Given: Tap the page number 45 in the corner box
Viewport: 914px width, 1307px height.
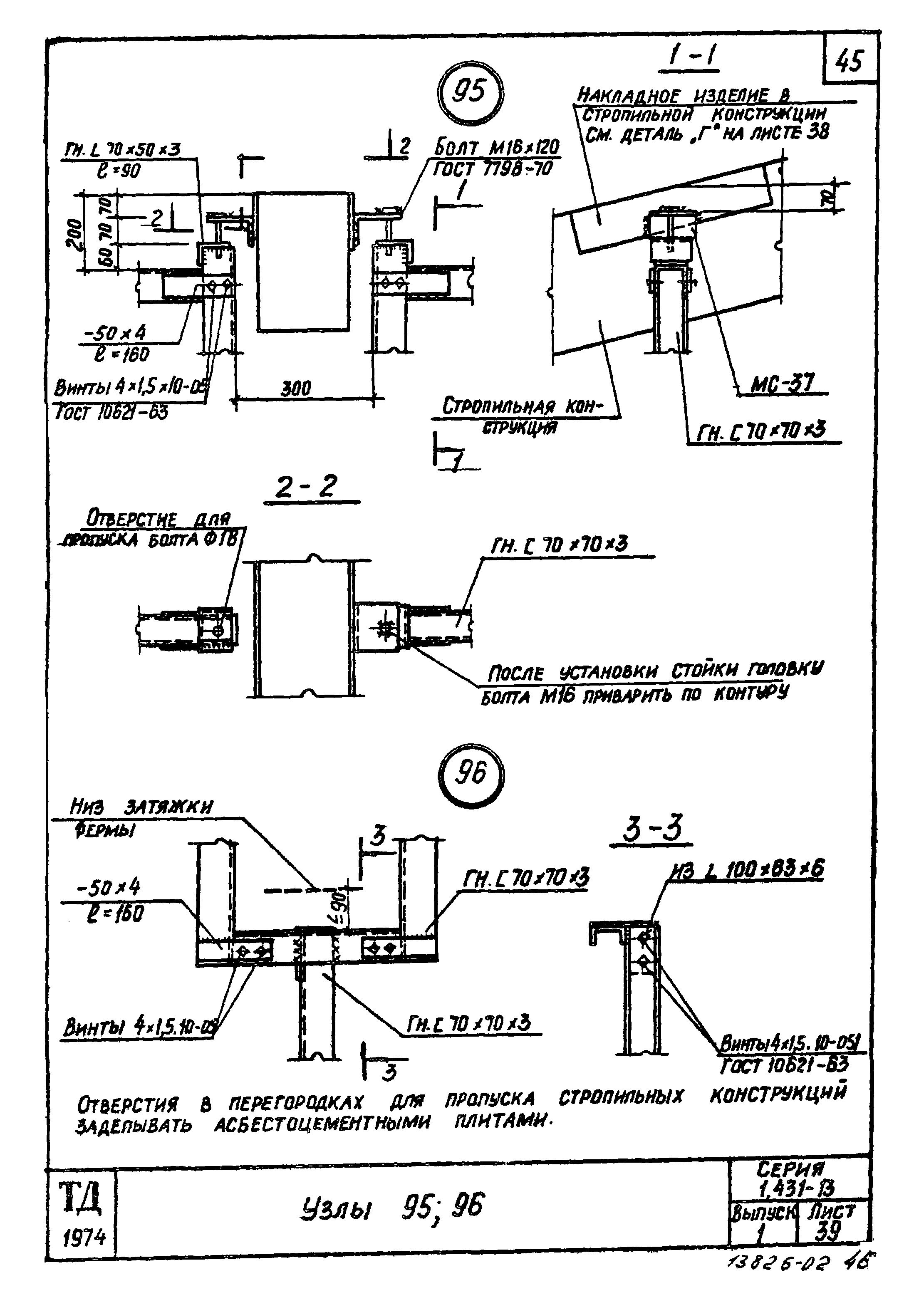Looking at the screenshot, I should [x=849, y=61].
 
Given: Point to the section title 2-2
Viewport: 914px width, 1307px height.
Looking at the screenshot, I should [x=306, y=487].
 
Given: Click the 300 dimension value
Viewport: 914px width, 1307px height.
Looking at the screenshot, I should [x=297, y=389].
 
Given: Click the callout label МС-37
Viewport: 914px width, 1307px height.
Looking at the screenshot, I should [x=783, y=384].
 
